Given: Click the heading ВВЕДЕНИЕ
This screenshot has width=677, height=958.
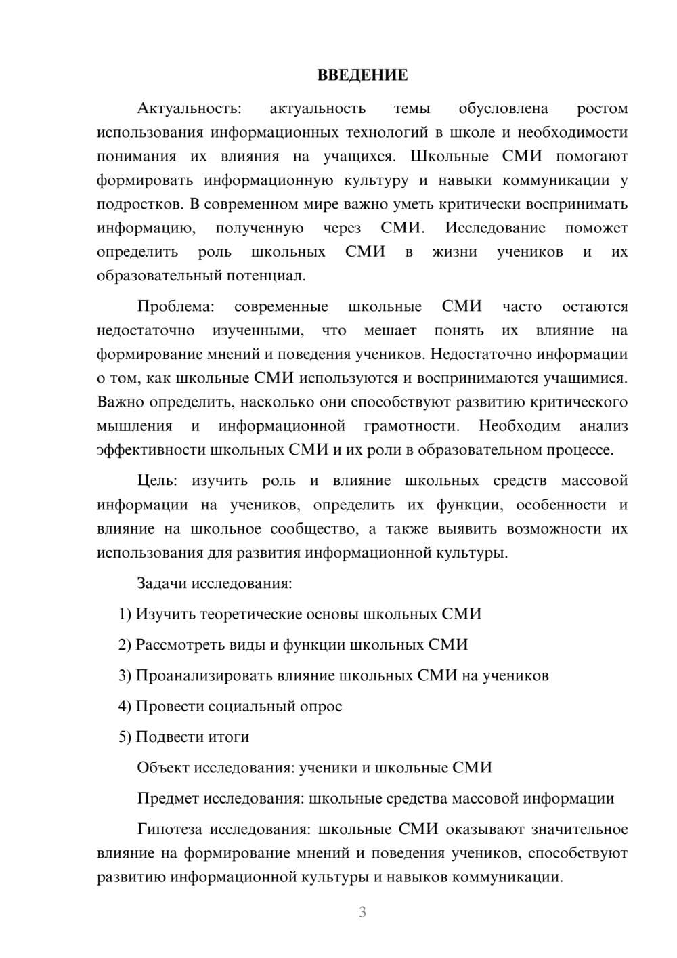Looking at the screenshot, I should pos(362,75).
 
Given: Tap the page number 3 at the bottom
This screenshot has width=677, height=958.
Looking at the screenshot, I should pos(362,912).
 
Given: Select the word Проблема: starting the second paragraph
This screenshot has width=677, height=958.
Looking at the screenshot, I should pos(175,307).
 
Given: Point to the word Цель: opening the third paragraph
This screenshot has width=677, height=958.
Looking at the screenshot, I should pos(157,481).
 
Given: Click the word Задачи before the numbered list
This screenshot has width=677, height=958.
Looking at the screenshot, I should pos(162,583).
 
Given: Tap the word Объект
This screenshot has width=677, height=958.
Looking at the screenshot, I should pos(163,768).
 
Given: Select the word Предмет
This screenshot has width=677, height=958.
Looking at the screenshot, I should pos(168,799).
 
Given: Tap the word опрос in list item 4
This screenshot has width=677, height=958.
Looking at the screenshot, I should pos(322,707).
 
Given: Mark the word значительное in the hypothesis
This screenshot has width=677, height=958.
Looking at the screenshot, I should pos(580,829).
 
